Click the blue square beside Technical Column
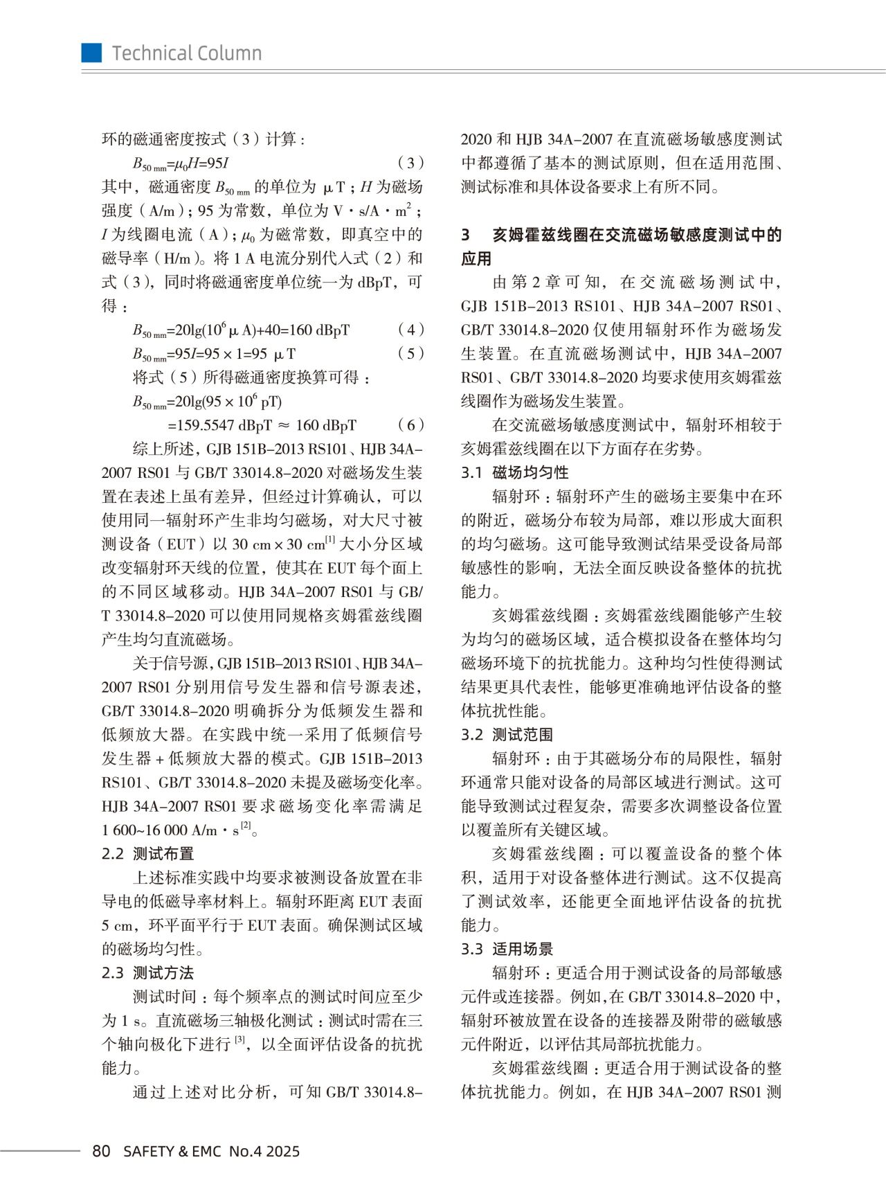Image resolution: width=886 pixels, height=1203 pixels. click(x=91, y=53)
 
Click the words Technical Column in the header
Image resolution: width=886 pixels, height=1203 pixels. click(x=187, y=53)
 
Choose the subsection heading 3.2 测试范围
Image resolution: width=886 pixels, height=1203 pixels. click(x=507, y=735)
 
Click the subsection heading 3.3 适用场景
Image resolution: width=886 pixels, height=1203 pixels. click(x=507, y=949)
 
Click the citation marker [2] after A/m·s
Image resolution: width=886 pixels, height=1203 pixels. click(x=246, y=826)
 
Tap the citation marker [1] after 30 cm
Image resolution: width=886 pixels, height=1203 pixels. click(x=330, y=540)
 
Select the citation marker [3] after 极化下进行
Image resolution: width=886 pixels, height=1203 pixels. click(x=240, y=1040)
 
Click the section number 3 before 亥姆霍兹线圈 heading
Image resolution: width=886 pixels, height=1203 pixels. click(x=465, y=235)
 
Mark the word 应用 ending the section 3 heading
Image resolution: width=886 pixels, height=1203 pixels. click(x=476, y=259)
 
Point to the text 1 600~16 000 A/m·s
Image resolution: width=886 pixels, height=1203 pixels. click(x=170, y=830)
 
